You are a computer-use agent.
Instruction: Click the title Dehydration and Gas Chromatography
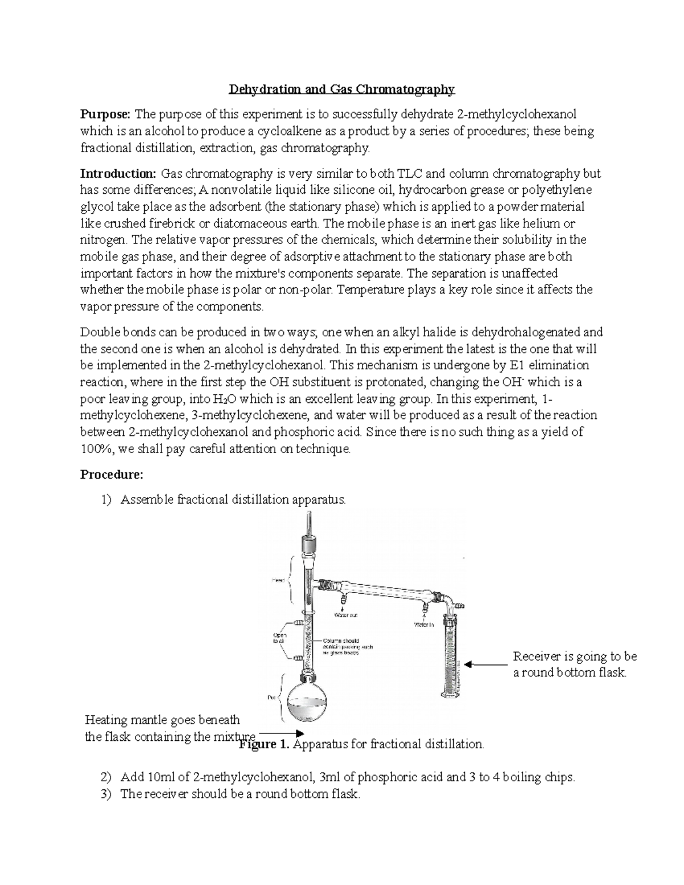point(341,89)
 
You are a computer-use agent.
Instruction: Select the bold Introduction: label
point(118,174)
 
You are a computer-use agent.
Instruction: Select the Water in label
point(424,625)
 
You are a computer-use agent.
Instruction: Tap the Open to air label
point(280,638)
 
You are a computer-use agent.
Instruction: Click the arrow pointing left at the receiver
point(485,664)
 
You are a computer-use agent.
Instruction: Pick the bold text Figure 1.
point(264,745)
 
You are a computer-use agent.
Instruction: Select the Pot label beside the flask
point(271,697)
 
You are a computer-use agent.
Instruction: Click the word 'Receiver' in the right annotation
point(537,656)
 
